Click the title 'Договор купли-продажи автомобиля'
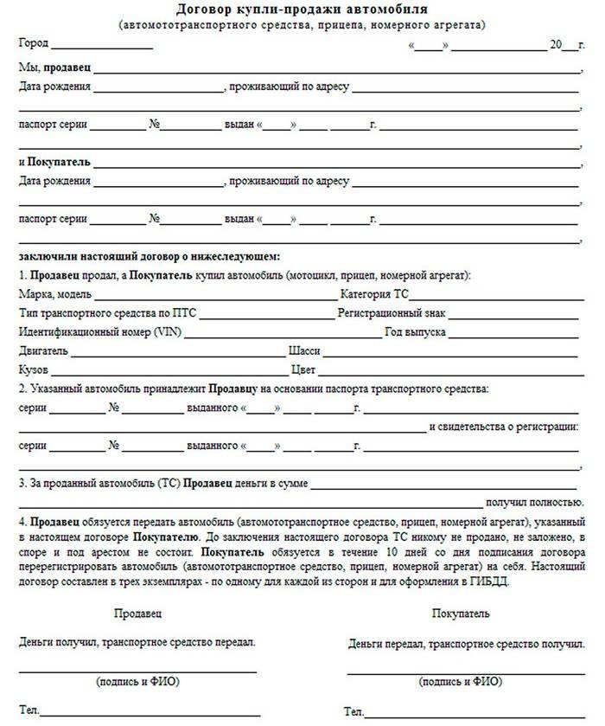302,10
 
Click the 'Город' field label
33,43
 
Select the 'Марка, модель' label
51,294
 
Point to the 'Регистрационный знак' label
392,313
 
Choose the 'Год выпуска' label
416,332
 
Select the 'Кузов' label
33,370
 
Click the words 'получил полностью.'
534,502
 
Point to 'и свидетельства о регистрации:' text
504,427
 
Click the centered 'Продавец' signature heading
137,614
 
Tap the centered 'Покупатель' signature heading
461,614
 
